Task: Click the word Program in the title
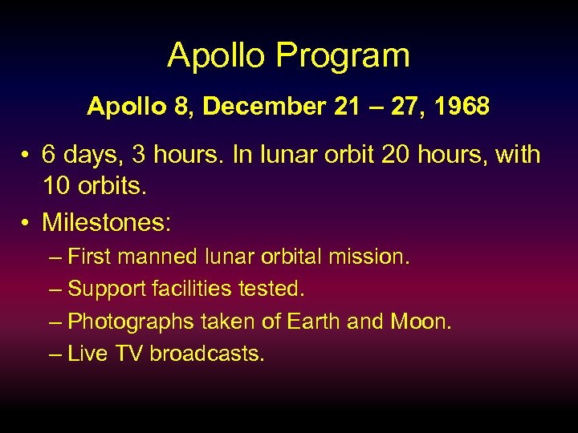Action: tap(344, 56)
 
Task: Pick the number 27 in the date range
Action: tap(399, 107)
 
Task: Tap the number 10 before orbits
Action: tap(56, 186)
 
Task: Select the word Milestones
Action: tap(107, 221)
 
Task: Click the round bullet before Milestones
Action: tap(27, 222)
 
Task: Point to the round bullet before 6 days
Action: tap(27, 156)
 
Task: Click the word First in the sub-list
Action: tap(92, 257)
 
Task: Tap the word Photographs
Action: tap(131, 322)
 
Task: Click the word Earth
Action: tap(312, 321)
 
